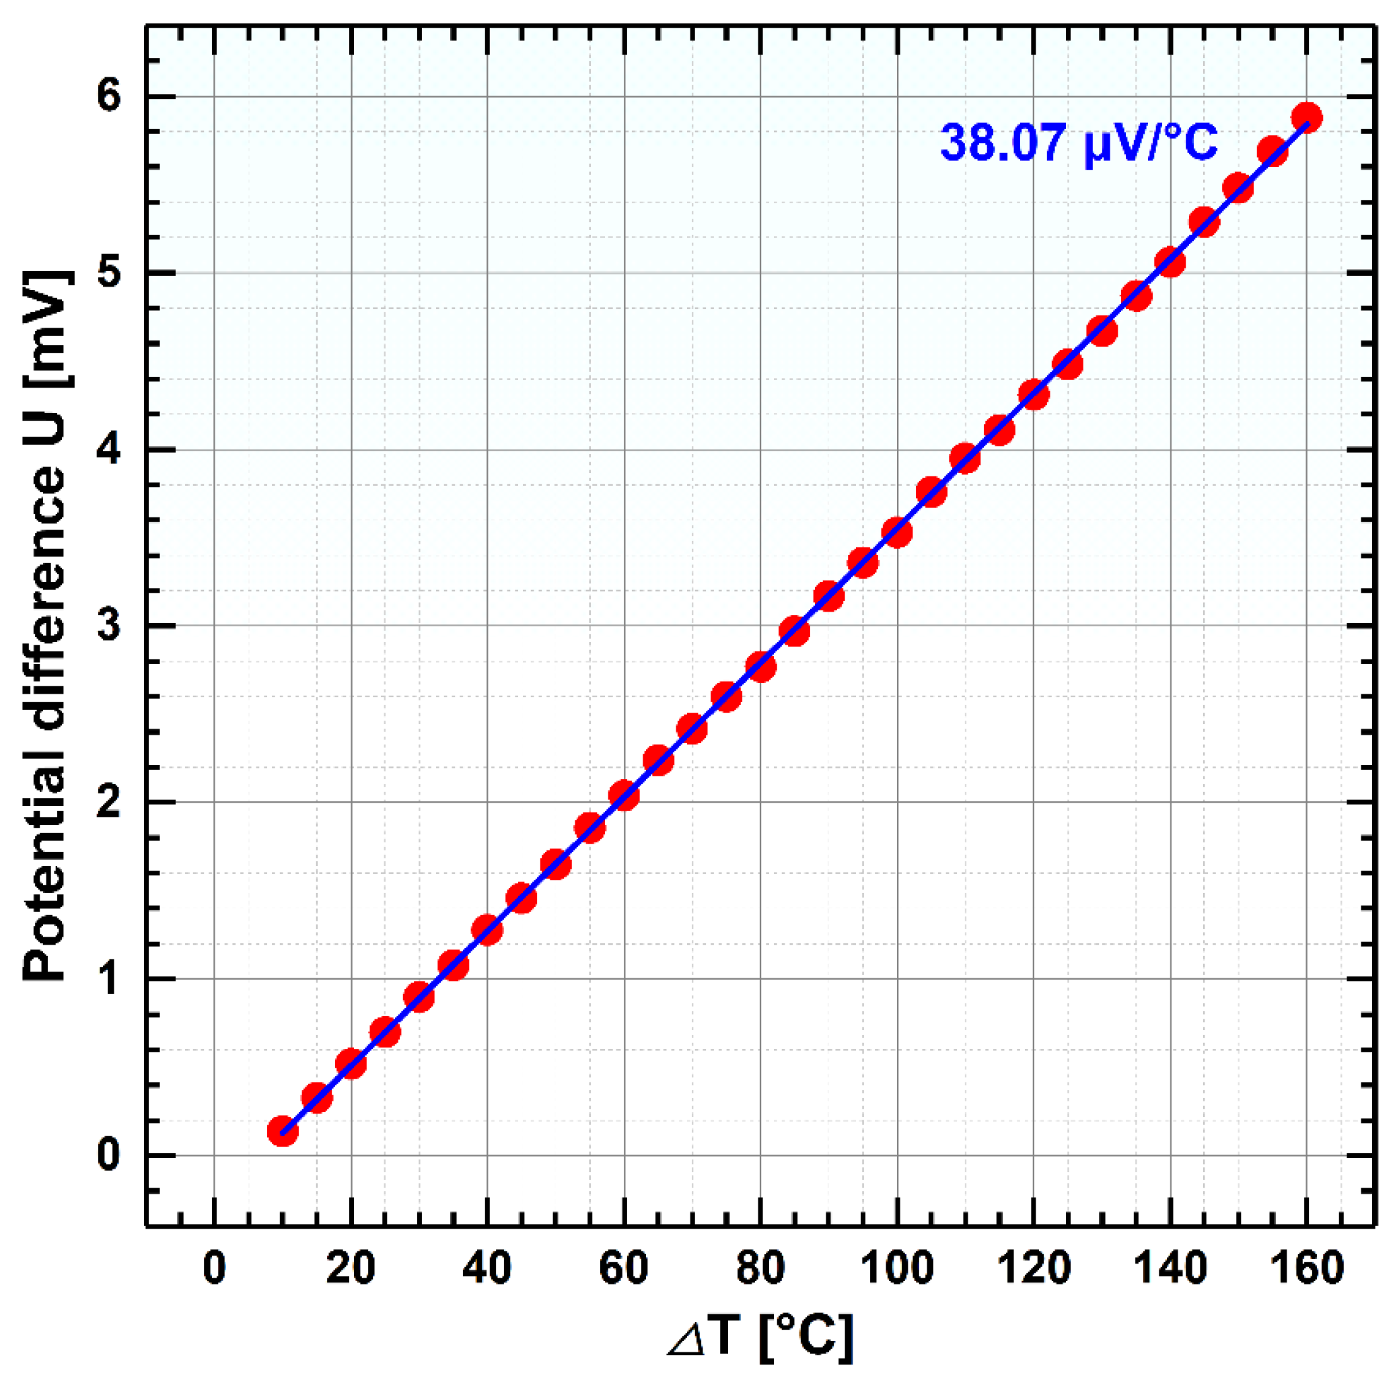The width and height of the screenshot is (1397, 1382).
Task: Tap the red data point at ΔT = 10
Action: point(283,1130)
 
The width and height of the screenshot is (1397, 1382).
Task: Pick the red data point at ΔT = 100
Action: point(896,533)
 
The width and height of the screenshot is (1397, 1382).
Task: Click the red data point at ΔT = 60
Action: point(623,796)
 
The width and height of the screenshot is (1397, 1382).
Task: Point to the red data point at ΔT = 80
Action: point(760,665)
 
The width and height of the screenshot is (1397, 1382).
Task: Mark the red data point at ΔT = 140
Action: point(1170,262)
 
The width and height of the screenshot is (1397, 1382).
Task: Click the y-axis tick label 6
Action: point(108,97)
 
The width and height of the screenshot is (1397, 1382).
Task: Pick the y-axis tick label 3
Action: point(108,626)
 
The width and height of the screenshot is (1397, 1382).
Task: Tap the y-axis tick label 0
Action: point(108,1155)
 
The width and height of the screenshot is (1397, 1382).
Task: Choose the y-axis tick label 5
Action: point(108,273)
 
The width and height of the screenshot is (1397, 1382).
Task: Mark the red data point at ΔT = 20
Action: point(351,1063)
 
